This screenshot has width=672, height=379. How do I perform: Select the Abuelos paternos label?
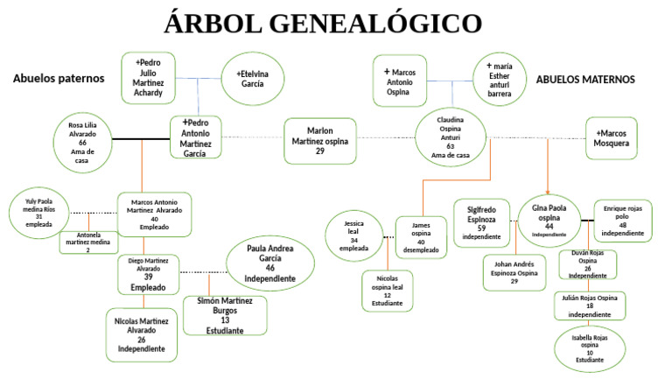click(x=59, y=79)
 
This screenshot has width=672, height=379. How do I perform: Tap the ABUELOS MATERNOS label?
click(x=584, y=80)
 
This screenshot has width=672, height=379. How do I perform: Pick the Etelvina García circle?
click(x=253, y=79)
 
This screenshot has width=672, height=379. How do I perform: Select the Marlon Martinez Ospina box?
click(x=320, y=140)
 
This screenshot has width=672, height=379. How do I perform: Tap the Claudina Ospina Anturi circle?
click(x=451, y=137)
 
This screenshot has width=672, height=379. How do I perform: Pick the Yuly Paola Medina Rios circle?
click(x=39, y=213)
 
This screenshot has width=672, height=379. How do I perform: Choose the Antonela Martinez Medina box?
click(x=88, y=241)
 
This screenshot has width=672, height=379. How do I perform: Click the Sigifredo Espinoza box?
click(x=480, y=222)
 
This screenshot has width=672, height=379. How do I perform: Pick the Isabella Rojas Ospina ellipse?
click(x=591, y=347)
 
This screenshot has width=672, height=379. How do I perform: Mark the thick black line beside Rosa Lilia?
click(x=141, y=137)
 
